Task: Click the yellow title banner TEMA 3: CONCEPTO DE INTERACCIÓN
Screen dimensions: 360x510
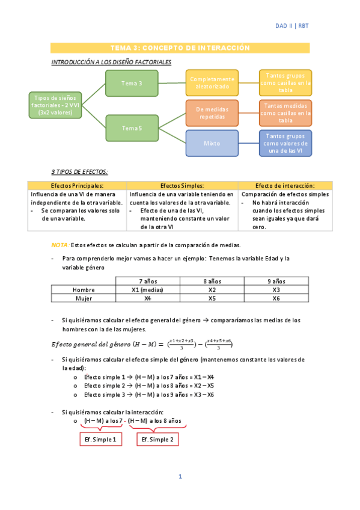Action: (x=180, y=48)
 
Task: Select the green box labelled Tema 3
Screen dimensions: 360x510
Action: (x=132, y=83)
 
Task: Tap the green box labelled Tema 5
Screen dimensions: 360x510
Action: (x=132, y=127)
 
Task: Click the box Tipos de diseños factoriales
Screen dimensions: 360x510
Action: (x=55, y=105)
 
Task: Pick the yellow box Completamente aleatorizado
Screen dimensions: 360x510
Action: (x=212, y=83)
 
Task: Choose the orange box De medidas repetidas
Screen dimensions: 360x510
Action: (x=212, y=113)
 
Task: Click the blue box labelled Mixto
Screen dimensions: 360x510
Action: (x=212, y=143)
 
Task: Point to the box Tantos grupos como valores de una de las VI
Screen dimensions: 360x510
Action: (x=285, y=143)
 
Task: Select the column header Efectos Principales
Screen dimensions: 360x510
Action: (x=78, y=186)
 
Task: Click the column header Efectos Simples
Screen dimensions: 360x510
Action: (x=183, y=186)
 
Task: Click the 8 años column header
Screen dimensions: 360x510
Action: (x=212, y=281)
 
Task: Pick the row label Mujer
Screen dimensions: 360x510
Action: (x=84, y=298)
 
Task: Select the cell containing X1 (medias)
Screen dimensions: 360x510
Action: (x=147, y=290)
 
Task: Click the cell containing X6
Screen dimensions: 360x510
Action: (x=276, y=298)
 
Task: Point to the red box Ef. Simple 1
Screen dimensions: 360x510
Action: (x=100, y=440)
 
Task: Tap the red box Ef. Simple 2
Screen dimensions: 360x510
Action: (x=157, y=440)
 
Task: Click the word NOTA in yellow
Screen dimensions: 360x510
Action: (x=59, y=245)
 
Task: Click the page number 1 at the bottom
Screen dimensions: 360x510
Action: (x=180, y=477)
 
